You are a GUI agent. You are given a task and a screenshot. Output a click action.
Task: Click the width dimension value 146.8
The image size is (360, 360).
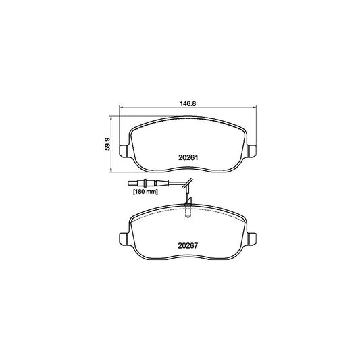tap(188, 104)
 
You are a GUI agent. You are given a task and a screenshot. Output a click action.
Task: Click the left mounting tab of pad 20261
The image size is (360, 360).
tap(123, 150)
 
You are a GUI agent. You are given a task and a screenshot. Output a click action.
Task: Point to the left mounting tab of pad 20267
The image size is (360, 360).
tap(123, 238)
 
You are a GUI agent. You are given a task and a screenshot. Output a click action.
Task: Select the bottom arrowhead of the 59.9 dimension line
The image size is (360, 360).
tap(112, 170)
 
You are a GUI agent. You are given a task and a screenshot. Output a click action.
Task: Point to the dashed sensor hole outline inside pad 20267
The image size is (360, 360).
tap(188, 213)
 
